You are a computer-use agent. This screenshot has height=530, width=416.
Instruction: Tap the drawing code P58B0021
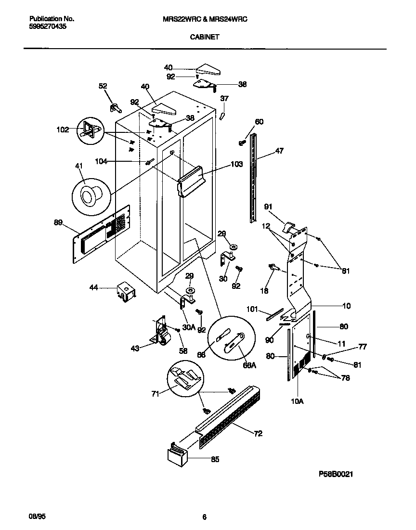pyautogui.click(x=336, y=474)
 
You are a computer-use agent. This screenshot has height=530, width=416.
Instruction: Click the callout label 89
pyautogui.click(x=58, y=222)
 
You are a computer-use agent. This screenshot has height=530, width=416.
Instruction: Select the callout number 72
pyautogui.click(x=258, y=434)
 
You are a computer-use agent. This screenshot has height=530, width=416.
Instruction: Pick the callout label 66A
pyautogui.click(x=250, y=365)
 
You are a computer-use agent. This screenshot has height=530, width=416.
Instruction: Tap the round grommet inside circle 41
pyautogui.click(x=89, y=195)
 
